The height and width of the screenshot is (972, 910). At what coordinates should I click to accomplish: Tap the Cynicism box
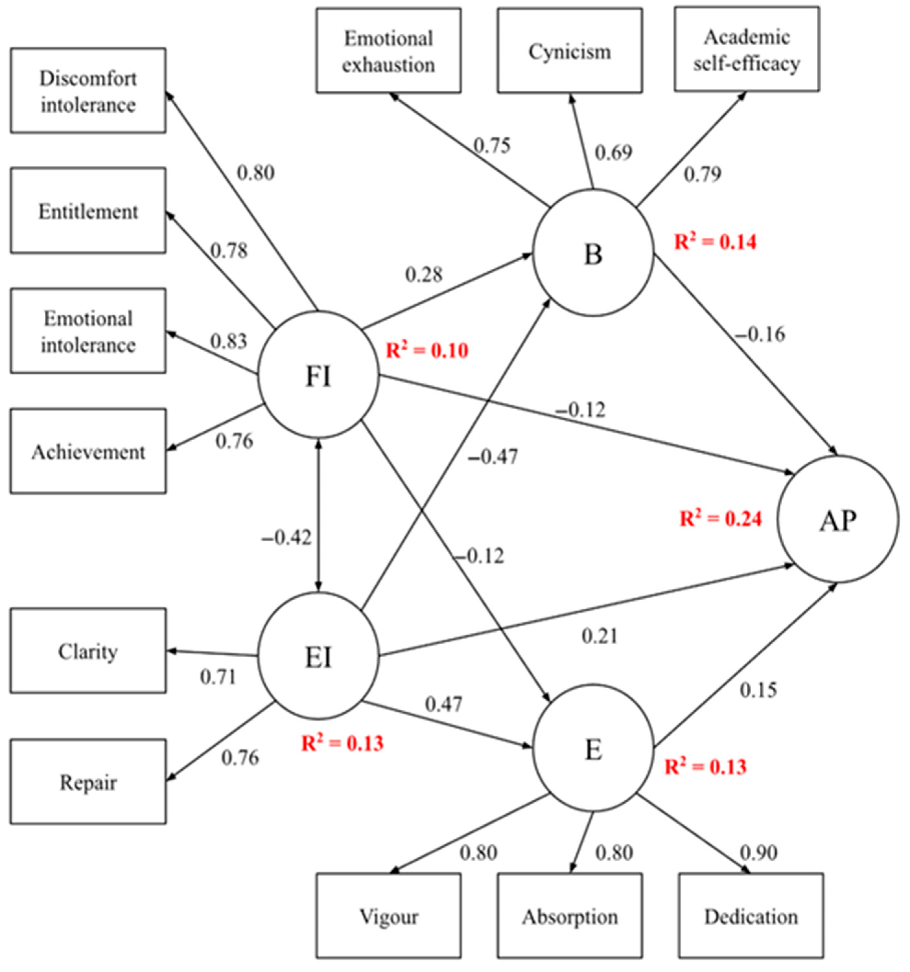(570, 51)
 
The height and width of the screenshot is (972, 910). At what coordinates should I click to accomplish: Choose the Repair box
(88, 782)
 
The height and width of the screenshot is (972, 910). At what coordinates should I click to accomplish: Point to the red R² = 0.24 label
(721, 519)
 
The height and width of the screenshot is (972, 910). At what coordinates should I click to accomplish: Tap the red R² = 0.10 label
(427, 350)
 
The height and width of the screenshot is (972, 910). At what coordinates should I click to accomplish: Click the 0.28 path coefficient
(424, 275)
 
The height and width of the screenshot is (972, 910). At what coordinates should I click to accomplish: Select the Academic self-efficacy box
(747, 50)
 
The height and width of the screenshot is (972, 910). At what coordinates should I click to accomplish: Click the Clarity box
(88, 651)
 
